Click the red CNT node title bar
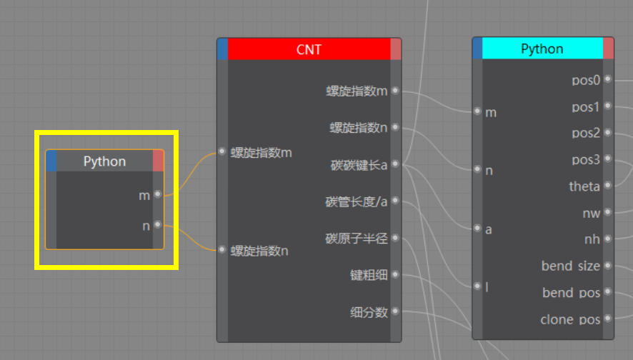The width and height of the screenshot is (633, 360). (309, 49)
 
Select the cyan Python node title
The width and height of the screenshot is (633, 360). (542, 49)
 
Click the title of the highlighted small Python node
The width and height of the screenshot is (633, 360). (104, 161)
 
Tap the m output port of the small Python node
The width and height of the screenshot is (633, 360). (158, 194)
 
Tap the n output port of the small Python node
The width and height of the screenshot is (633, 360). (158, 226)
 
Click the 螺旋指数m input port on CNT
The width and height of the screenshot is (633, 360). (222, 151)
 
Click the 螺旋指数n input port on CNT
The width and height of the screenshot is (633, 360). (222, 250)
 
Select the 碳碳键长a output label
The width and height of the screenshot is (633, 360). (359, 165)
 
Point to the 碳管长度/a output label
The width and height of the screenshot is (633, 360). (357, 202)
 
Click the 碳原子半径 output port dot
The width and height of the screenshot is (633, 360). (395, 239)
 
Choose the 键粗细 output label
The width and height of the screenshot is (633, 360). (369, 275)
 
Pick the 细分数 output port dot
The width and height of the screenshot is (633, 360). (395, 311)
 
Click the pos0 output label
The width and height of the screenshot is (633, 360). (586, 80)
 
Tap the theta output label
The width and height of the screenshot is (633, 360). (584, 186)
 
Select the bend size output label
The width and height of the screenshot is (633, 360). (571, 266)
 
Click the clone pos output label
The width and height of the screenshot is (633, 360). (570, 319)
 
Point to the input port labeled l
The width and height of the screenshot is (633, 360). (477, 286)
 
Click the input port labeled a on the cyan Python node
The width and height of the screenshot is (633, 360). (477, 229)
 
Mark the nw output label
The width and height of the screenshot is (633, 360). (592, 213)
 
